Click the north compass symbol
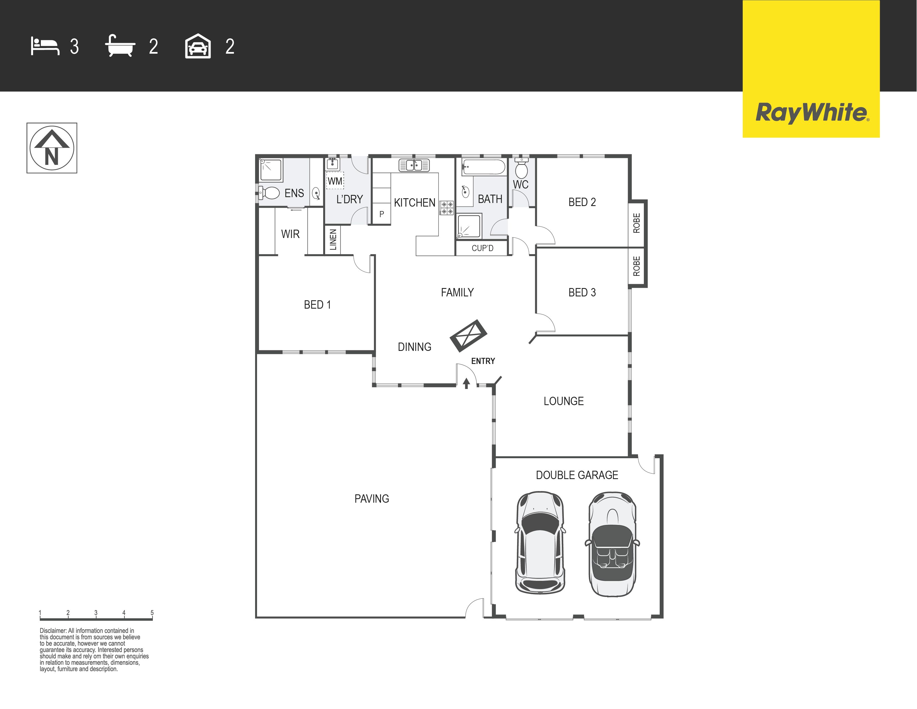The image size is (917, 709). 52,148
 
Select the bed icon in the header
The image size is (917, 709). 45,46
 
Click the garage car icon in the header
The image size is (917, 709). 198,46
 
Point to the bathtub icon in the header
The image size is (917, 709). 120,46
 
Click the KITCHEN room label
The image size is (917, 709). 414,202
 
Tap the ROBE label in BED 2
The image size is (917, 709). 637,223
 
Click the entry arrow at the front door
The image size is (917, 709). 466,383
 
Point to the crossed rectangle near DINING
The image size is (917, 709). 469,336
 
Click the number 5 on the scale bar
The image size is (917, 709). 152,613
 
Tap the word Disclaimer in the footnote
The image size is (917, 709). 53,631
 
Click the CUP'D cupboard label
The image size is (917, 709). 482,248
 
